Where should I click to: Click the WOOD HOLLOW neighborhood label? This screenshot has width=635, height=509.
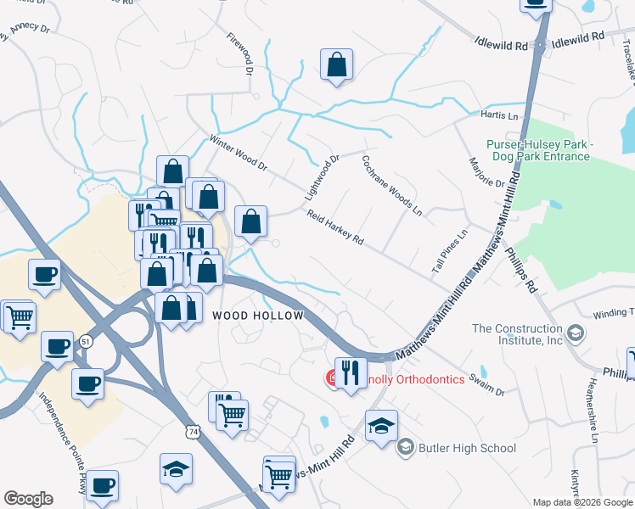coord(257,316)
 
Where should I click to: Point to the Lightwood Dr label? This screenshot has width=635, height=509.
coord(322,177)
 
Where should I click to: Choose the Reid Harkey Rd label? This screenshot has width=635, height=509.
coord(335,228)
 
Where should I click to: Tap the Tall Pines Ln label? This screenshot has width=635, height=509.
coord(449,251)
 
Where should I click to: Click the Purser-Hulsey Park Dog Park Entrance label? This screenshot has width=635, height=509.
coord(537,151)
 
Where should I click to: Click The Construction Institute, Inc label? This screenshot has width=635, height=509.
coord(517,334)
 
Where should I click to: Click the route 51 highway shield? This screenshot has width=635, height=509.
coord(86,340)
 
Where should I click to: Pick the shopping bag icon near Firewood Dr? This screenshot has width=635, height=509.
coord(336,64)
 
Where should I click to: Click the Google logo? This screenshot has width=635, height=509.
coord(28,499)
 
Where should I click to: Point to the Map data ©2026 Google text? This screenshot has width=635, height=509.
coord(582,502)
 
